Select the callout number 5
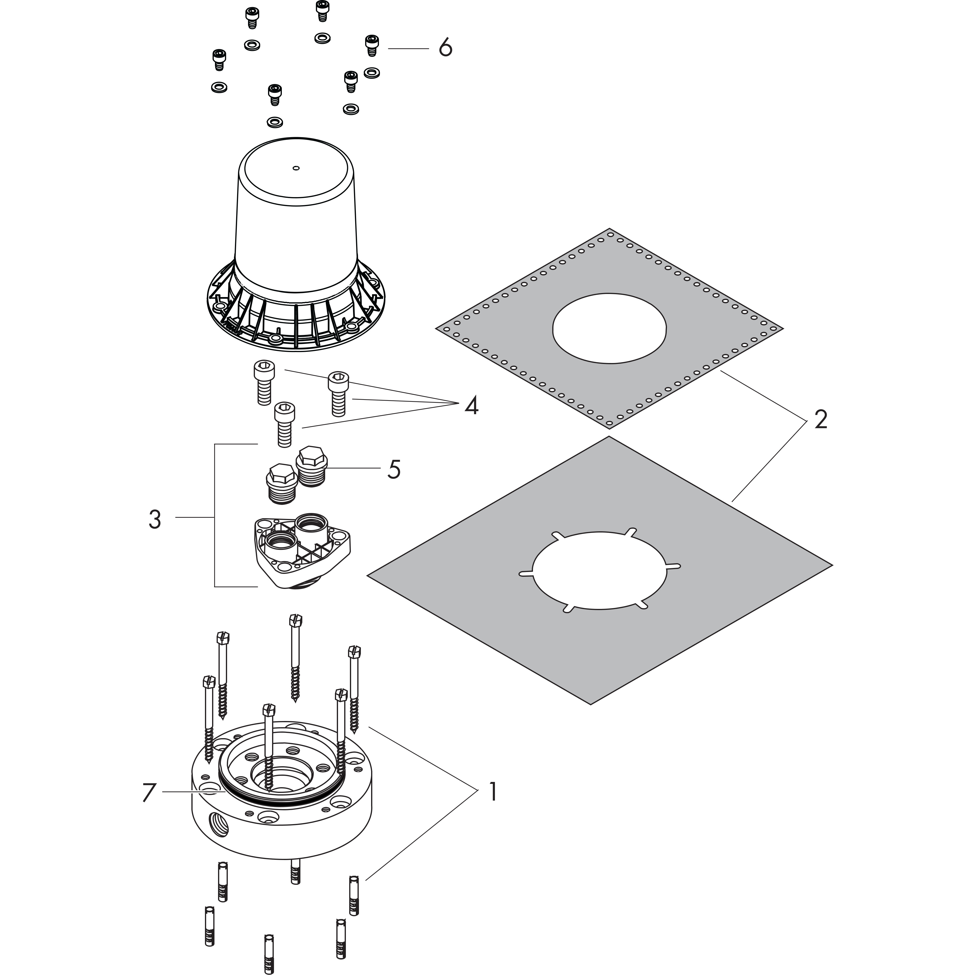point(394,469)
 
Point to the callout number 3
point(155,519)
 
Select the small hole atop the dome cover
point(296,168)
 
